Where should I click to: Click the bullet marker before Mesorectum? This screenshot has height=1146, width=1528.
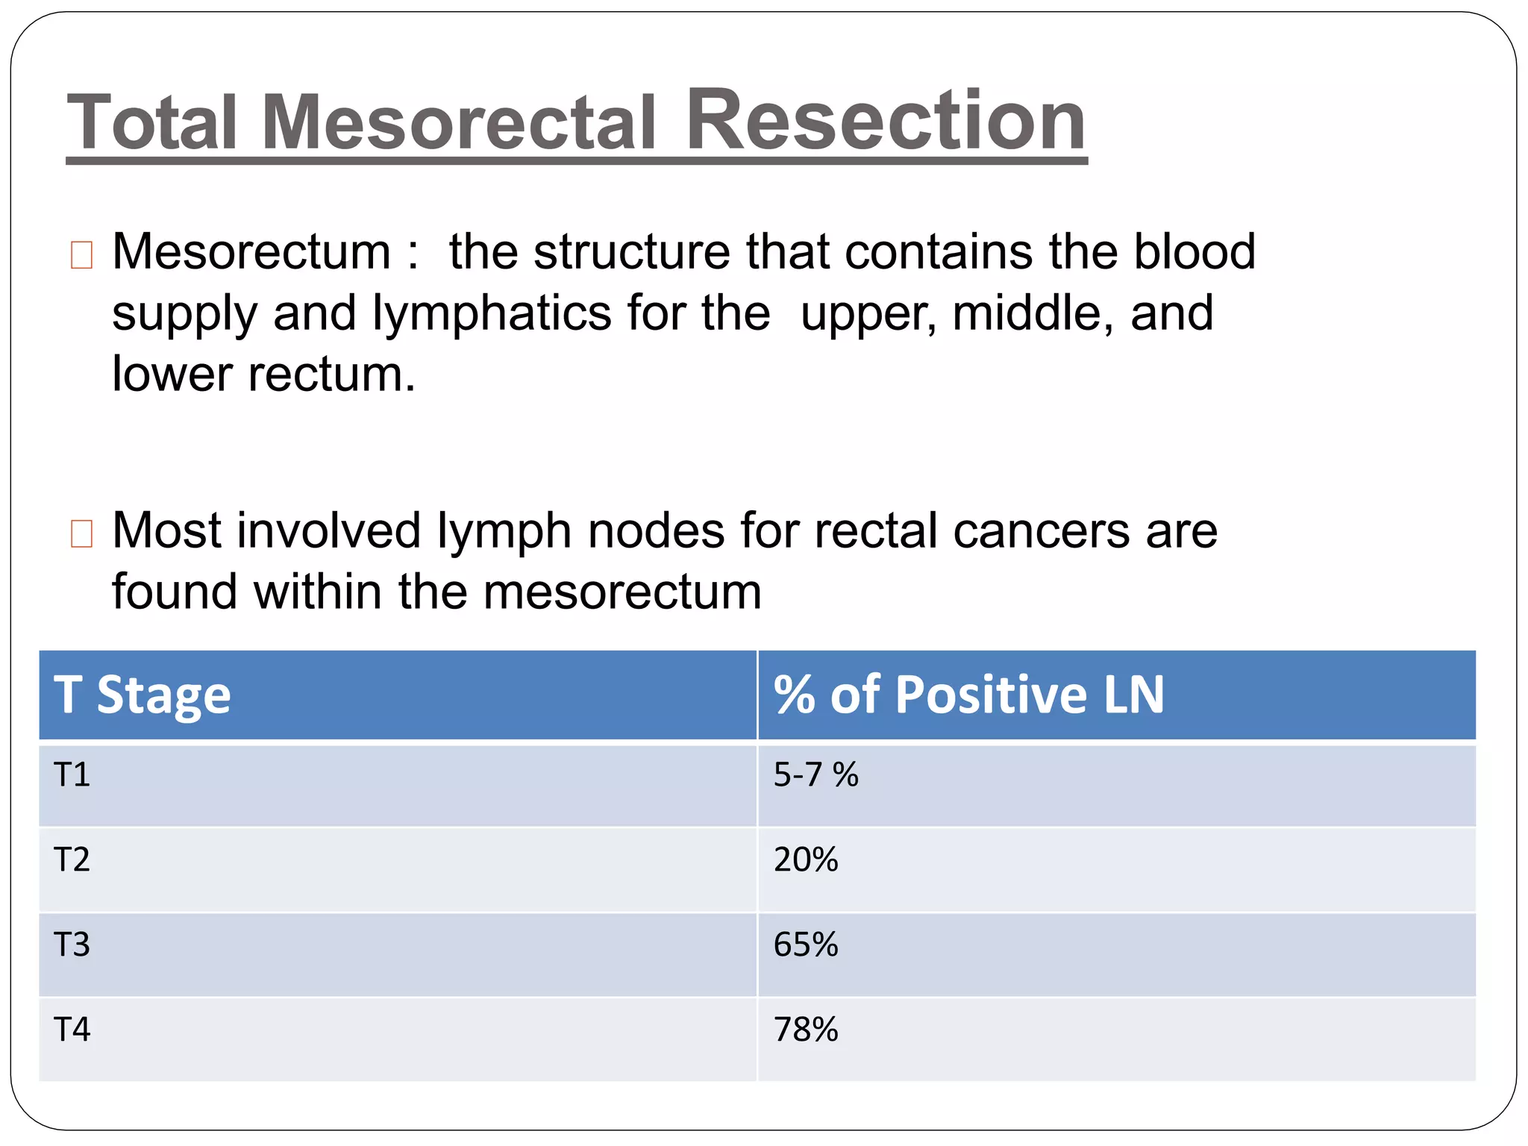tap(81, 255)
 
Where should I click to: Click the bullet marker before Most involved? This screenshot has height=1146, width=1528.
tap(81, 533)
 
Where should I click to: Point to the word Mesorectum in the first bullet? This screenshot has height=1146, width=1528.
tap(251, 251)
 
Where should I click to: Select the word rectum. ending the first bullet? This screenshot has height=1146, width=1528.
tap(331, 374)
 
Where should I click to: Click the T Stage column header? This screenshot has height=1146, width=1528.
tap(143, 695)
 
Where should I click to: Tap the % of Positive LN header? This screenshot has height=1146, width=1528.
tap(968, 695)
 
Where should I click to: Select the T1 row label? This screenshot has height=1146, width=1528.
tap(72, 774)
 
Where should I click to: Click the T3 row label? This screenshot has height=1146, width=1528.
tap(72, 945)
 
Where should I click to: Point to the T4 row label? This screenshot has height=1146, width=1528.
tap(72, 1030)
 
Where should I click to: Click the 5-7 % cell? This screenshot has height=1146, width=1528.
tap(815, 774)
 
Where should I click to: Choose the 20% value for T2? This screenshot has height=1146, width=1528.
tap(806, 859)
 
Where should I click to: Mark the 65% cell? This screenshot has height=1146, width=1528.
tap(806, 945)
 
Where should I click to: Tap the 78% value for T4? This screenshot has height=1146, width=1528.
tap(806, 1030)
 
